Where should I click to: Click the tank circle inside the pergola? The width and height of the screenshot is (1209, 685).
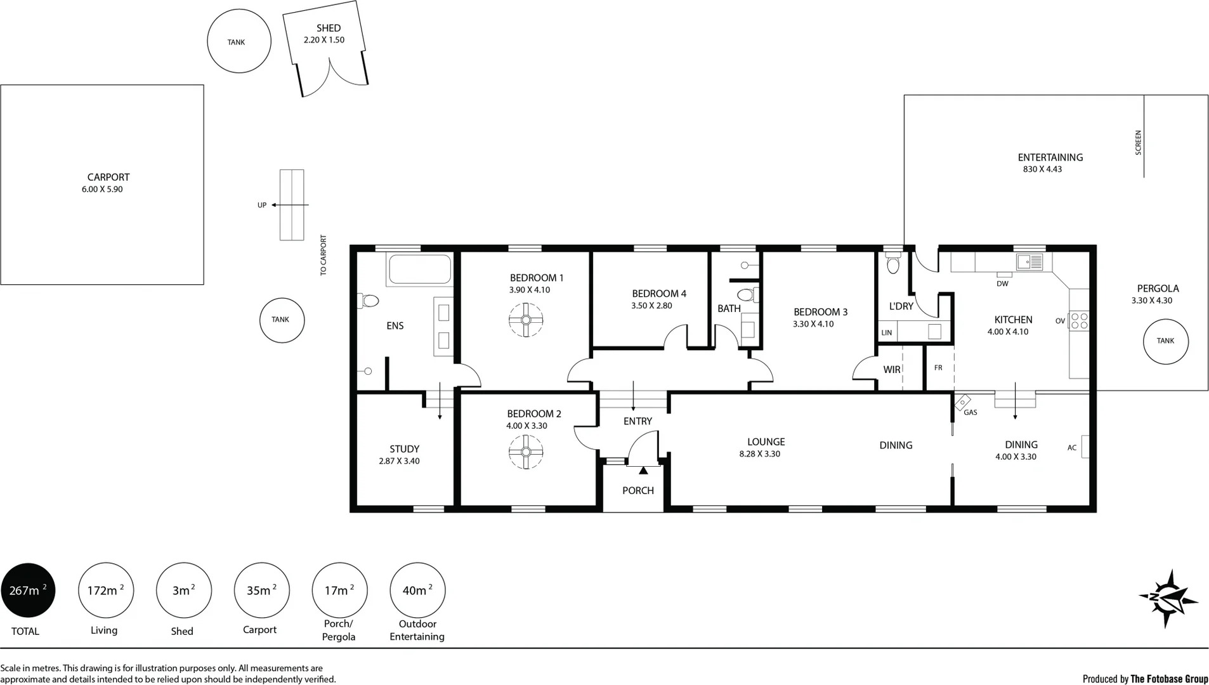(x=1165, y=341)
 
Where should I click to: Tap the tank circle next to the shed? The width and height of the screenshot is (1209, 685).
(x=239, y=41)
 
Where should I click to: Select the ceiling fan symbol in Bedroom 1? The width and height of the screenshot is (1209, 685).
(x=526, y=320)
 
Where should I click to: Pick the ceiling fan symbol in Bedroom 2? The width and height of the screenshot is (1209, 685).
(x=526, y=452)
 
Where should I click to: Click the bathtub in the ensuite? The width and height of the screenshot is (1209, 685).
(x=419, y=270)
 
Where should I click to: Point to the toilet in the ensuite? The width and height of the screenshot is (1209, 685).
(x=369, y=300)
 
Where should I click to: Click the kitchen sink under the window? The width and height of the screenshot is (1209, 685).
(x=1029, y=261)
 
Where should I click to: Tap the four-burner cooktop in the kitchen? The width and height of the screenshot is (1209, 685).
(x=1079, y=321)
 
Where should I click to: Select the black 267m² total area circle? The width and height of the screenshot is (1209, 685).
(x=28, y=590)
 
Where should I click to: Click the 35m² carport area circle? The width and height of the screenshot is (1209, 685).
(x=261, y=590)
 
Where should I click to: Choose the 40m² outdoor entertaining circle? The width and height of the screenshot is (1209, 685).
(x=417, y=590)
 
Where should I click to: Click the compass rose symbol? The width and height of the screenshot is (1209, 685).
(x=1168, y=598)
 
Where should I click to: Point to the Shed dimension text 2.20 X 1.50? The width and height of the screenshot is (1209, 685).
(x=323, y=40)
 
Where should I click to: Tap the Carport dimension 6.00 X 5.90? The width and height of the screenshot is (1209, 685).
(x=102, y=189)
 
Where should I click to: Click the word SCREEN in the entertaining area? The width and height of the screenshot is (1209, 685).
(x=1138, y=143)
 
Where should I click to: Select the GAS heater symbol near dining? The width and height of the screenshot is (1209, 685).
(x=963, y=402)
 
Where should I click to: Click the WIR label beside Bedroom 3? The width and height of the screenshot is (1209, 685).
(x=891, y=370)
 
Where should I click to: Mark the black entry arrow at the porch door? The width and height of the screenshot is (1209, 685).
(x=643, y=471)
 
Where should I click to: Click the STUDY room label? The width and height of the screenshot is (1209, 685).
(x=404, y=449)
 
